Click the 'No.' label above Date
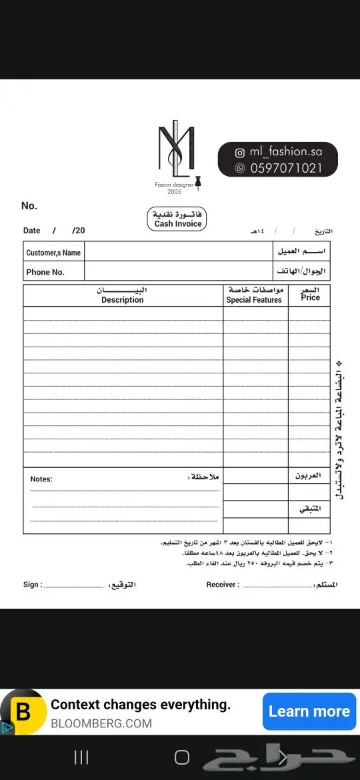pos(29,206)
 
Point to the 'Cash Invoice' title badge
pos(177,219)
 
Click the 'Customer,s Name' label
pos(53,253)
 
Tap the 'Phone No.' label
pos(45,272)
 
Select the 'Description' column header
pos(123,300)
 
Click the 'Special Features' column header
pos(254,300)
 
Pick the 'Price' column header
pos(311,297)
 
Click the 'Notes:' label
pos(41,479)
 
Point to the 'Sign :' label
pos(33,585)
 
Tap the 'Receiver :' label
pos(223,585)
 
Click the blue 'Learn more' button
pos(309,711)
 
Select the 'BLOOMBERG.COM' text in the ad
pos(101,723)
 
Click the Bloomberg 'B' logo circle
pos(23,711)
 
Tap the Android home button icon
pos(181,757)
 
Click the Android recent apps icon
pos(81,757)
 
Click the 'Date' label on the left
pos(32,231)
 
